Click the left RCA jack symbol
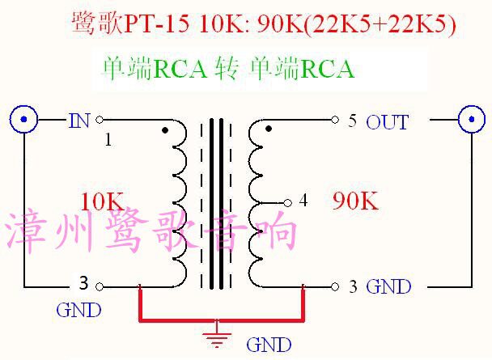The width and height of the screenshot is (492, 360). (x=24, y=120)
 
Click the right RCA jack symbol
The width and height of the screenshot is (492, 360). (x=473, y=120)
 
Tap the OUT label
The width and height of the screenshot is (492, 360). (x=387, y=122)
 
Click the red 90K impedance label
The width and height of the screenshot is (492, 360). (x=355, y=201)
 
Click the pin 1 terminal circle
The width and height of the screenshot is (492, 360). (x=100, y=120)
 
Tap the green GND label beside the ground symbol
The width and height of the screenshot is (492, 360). (x=268, y=345)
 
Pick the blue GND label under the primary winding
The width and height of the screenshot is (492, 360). (x=78, y=309)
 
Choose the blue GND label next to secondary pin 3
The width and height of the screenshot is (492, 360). (x=388, y=286)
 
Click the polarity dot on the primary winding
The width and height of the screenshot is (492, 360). (x=165, y=129)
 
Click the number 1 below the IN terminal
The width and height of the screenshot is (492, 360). (x=108, y=140)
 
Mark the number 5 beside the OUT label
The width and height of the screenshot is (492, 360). (x=352, y=121)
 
